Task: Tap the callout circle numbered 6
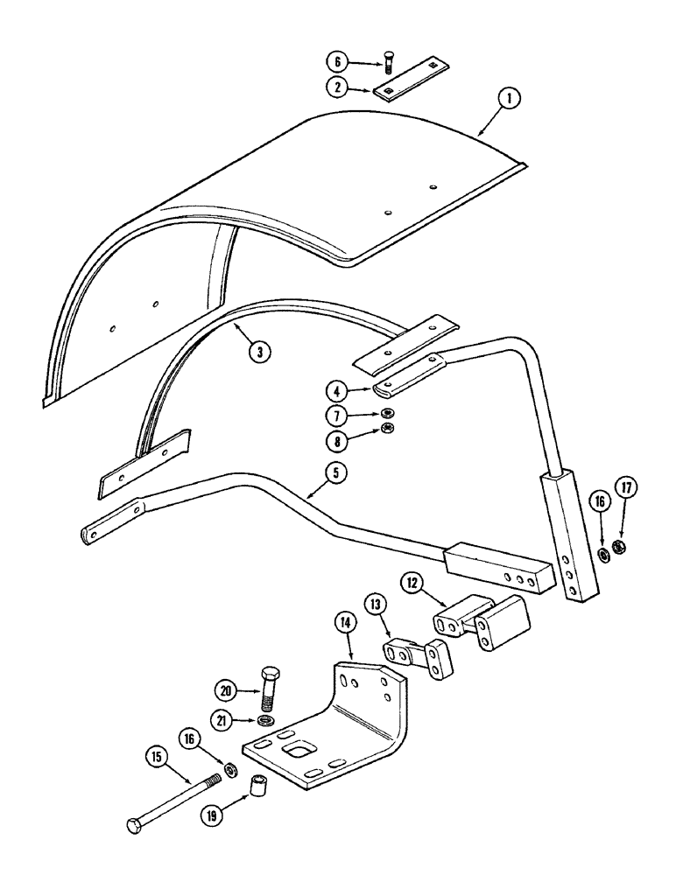[x=334, y=62]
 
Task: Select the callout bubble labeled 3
[x=258, y=352]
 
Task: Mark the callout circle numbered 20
[x=226, y=690]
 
